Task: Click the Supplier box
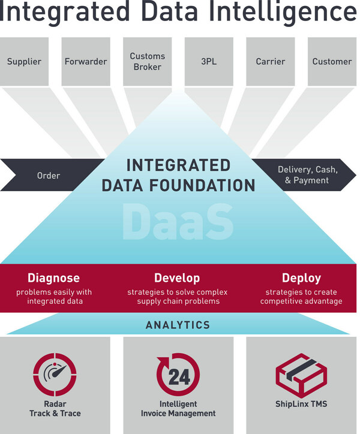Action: (25, 61)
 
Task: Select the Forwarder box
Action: (86, 61)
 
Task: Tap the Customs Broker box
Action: (148, 61)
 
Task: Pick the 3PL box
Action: (209, 61)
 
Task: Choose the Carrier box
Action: (271, 61)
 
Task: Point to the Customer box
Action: (332, 61)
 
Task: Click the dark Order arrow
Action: (48, 175)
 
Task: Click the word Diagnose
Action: (53, 278)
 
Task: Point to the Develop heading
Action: (177, 278)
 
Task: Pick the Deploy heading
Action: (301, 278)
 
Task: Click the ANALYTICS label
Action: (178, 325)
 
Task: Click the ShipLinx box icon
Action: (301, 375)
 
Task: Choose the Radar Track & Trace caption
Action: (55, 409)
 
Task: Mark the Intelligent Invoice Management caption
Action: (178, 409)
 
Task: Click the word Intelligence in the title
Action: (286, 12)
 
